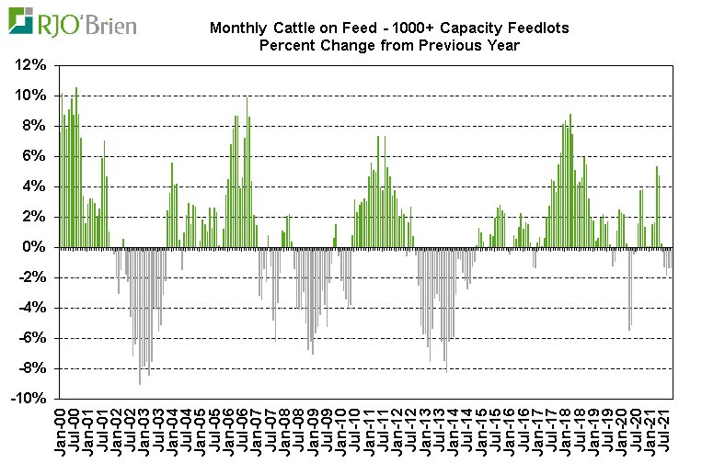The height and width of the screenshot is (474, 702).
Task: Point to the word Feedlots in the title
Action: point(537,28)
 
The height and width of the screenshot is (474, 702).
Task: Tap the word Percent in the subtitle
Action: point(288,45)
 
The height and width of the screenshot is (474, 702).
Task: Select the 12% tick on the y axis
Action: point(31,65)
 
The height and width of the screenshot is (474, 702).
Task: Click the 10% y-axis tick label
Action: point(31,96)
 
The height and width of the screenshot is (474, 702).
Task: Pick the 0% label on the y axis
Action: point(35,247)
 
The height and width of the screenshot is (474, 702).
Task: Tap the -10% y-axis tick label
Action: point(28,399)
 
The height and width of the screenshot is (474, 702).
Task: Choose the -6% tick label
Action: point(31,338)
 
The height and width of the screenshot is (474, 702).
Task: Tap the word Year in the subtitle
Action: point(501,45)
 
